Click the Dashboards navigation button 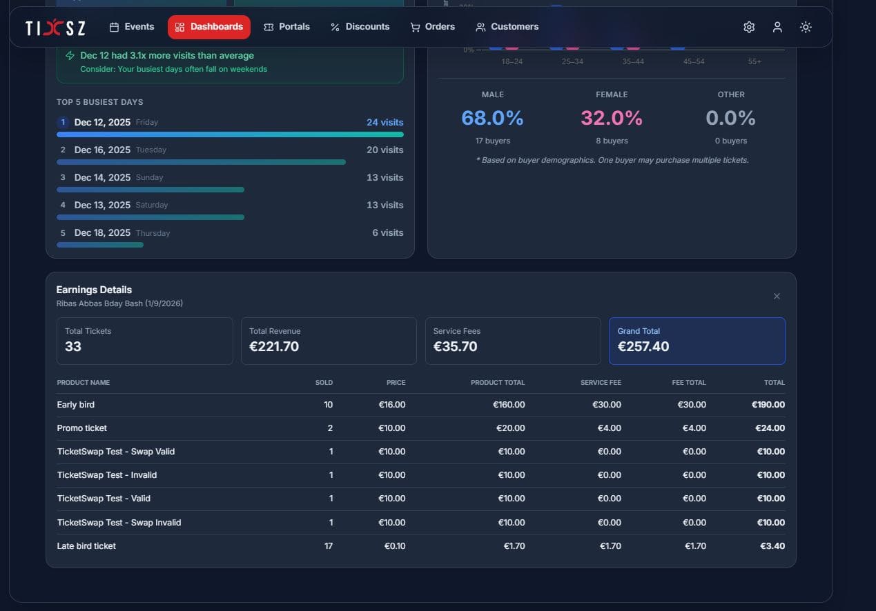[209, 27]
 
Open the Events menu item [132, 27]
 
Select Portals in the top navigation [286, 27]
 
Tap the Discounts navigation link [360, 27]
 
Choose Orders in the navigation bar [433, 27]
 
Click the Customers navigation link [507, 27]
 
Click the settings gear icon [749, 27]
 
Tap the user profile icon [777, 27]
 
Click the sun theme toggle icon [806, 27]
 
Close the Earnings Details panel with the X [777, 296]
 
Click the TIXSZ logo [55, 28]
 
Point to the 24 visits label [385, 122]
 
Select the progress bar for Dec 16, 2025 [201, 162]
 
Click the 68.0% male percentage [492, 118]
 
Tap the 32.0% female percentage [612, 118]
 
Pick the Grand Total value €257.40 [643, 346]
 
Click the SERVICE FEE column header [601, 383]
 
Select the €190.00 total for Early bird [768, 405]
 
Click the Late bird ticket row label [86, 546]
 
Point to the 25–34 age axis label [572, 62]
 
